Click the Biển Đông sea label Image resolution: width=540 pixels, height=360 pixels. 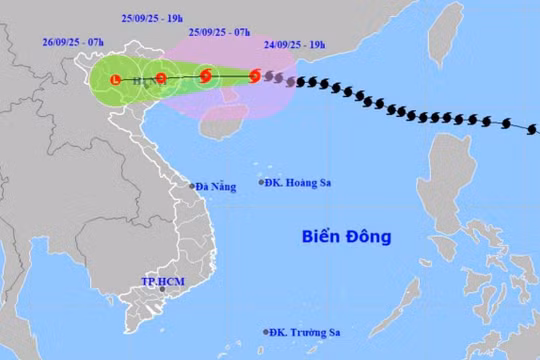click(346, 237)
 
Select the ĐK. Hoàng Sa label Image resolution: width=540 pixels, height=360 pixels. click(301, 182)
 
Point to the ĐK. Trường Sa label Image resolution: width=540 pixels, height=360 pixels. click(307, 332)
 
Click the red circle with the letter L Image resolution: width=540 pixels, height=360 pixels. click(116, 79)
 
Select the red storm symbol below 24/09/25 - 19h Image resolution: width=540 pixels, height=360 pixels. click(254, 75)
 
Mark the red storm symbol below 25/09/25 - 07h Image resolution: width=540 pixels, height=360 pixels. click(206, 75)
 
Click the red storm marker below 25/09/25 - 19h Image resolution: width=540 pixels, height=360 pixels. click(161, 77)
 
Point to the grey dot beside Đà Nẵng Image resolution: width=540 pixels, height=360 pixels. click(193, 186)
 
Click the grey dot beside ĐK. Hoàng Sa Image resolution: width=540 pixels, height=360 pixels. click(262, 182)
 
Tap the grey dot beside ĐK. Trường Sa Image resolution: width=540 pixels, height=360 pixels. click(266, 332)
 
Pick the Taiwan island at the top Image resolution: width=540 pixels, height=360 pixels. click(444, 33)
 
